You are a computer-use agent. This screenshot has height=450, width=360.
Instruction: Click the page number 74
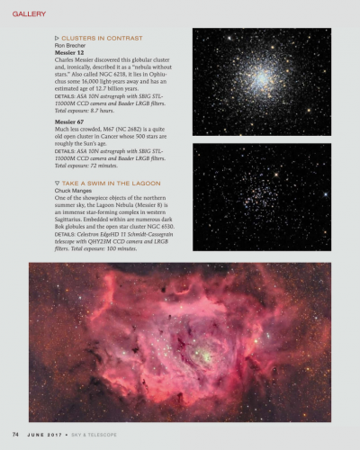[15, 435]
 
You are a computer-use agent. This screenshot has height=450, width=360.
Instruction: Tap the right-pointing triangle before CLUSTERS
[57, 38]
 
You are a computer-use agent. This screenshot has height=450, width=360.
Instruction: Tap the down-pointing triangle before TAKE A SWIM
[57, 182]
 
